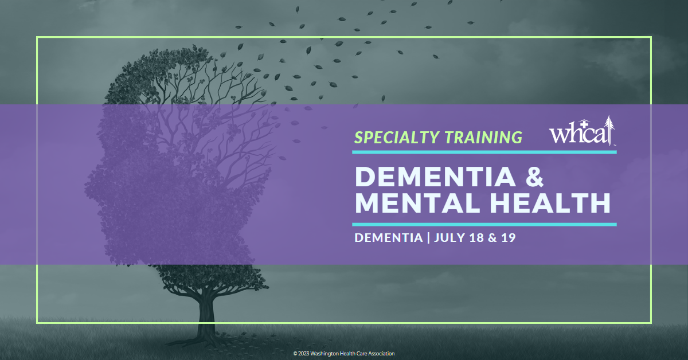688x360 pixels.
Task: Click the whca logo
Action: (x=582, y=131)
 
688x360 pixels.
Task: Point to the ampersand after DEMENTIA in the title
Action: (x=535, y=177)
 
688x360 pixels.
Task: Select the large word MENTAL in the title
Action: (x=417, y=203)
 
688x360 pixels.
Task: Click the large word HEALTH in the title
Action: (x=550, y=203)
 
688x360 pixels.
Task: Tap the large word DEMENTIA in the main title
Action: (x=435, y=177)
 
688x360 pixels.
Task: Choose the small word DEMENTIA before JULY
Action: (x=389, y=238)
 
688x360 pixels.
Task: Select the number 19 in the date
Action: (x=509, y=238)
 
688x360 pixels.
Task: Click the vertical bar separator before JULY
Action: (x=428, y=238)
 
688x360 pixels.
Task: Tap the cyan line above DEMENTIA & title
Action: (x=484, y=152)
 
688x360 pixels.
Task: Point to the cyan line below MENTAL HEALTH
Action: (x=484, y=225)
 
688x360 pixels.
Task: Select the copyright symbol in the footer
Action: (x=295, y=354)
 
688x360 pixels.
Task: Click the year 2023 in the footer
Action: (x=303, y=354)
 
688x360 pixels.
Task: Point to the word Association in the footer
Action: (x=381, y=354)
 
